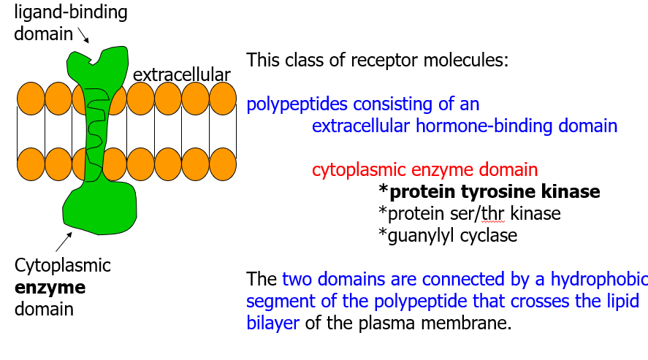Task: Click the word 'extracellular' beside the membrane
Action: pos(182,74)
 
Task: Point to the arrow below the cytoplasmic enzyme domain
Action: pos(64,242)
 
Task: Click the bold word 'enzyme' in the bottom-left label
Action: pos(50,287)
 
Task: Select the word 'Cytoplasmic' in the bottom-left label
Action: pos(63,265)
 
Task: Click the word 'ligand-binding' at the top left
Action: pos(71,12)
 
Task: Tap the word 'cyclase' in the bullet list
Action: pos(491,236)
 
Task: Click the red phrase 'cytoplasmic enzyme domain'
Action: pos(424,170)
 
